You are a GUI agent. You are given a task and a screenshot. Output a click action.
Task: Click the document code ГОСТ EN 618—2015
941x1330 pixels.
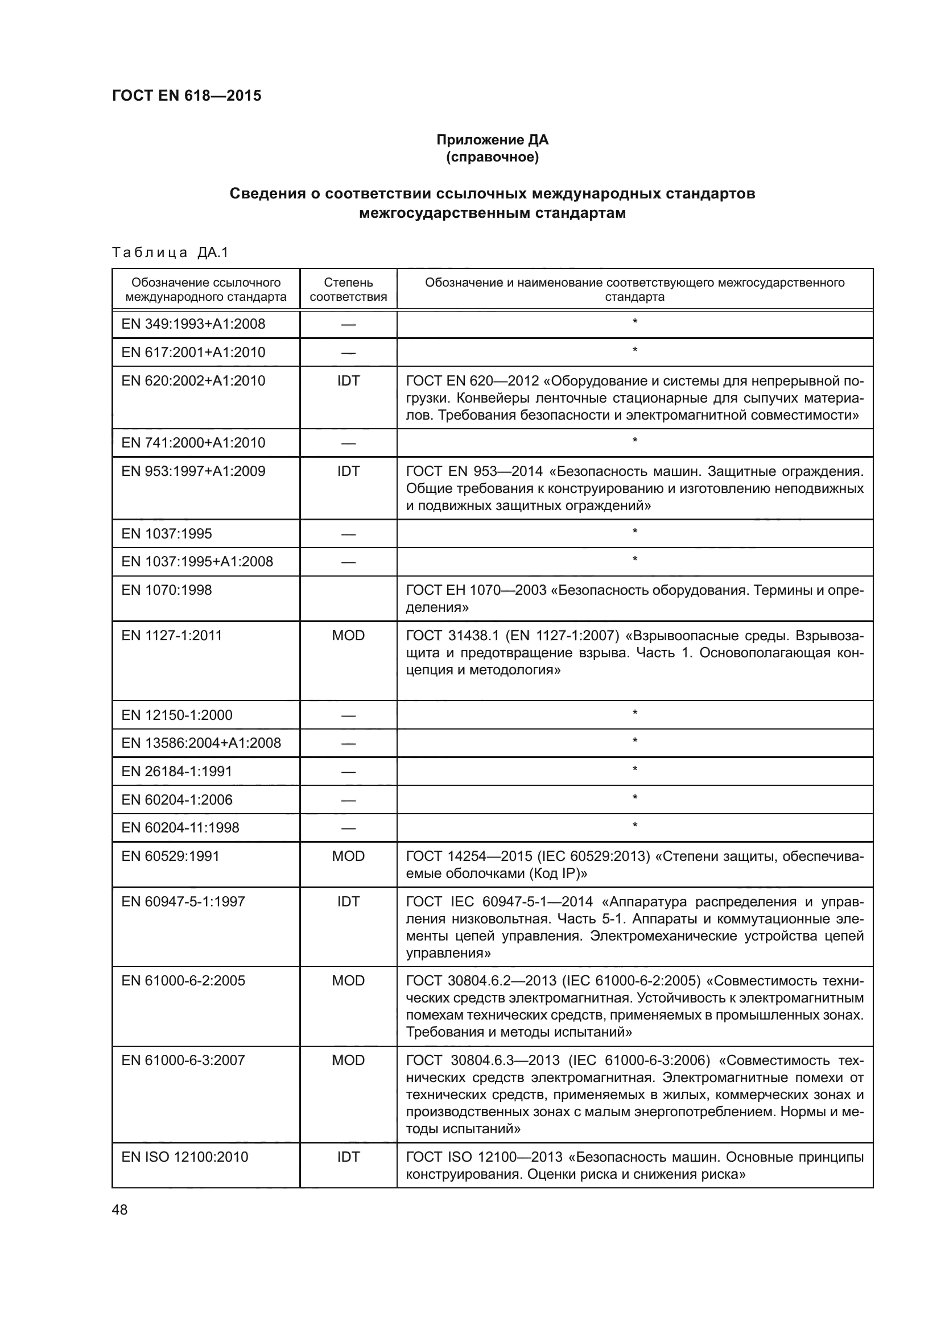coord(187,96)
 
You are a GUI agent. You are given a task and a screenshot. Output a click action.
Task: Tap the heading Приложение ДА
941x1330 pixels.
coord(492,140)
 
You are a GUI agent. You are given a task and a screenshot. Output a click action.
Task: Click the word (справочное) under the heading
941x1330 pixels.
coord(492,157)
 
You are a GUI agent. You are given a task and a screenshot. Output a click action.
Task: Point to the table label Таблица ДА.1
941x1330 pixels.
coord(170,252)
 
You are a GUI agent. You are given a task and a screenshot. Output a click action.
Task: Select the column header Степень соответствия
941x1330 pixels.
coord(348,289)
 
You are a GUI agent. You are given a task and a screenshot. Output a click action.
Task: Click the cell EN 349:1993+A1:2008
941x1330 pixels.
coord(193,324)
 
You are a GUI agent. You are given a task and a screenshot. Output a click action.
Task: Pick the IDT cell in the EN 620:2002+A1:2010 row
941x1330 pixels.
coord(348,380)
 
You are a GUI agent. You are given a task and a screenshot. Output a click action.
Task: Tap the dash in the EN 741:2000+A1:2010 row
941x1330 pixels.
coord(348,444)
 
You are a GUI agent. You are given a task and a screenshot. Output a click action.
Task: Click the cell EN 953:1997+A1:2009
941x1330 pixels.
coord(193,471)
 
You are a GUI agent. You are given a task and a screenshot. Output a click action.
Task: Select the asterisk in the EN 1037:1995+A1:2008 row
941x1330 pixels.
coord(634,560)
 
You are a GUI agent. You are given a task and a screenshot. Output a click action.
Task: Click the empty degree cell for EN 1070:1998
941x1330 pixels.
coord(348,598)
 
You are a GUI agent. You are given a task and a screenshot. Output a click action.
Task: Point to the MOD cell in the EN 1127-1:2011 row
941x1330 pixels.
coord(348,636)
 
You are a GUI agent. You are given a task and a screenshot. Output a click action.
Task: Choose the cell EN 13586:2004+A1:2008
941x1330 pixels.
coord(201,743)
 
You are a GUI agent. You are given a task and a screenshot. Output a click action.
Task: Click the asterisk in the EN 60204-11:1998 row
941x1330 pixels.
coord(634,826)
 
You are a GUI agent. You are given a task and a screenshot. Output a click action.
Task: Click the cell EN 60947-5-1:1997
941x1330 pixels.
coord(183,901)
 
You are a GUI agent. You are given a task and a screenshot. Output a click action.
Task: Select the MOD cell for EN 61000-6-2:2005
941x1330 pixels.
coord(348,981)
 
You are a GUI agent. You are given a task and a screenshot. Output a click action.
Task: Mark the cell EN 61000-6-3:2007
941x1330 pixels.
coord(183,1060)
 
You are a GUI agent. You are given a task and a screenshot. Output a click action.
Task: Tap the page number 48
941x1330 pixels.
coord(120,1209)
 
